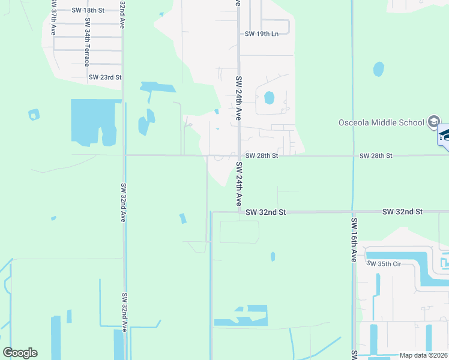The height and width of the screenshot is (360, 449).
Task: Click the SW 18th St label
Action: click(x=88, y=10)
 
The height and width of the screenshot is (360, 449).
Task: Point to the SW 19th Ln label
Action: click(x=262, y=34)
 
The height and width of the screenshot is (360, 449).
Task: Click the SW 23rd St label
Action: click(x=105, y=77)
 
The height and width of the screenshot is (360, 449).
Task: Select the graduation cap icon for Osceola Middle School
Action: click(x=433, y=122)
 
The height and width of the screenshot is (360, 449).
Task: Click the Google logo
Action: click(x=20, y=353)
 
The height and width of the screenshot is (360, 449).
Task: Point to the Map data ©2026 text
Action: click(x=423, y=355)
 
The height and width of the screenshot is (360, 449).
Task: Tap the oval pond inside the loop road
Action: click(x=269, y=97)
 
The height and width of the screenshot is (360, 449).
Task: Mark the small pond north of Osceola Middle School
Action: click(x=378, y=69)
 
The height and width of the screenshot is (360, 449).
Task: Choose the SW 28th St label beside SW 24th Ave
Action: click(x=262, y=155)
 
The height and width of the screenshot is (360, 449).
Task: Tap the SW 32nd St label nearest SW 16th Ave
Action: click(x=402, y=212)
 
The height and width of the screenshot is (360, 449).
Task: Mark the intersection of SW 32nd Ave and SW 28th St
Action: click(x=124, y=155)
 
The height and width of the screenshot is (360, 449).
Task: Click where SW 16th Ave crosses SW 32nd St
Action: click(x=354, y=212)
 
